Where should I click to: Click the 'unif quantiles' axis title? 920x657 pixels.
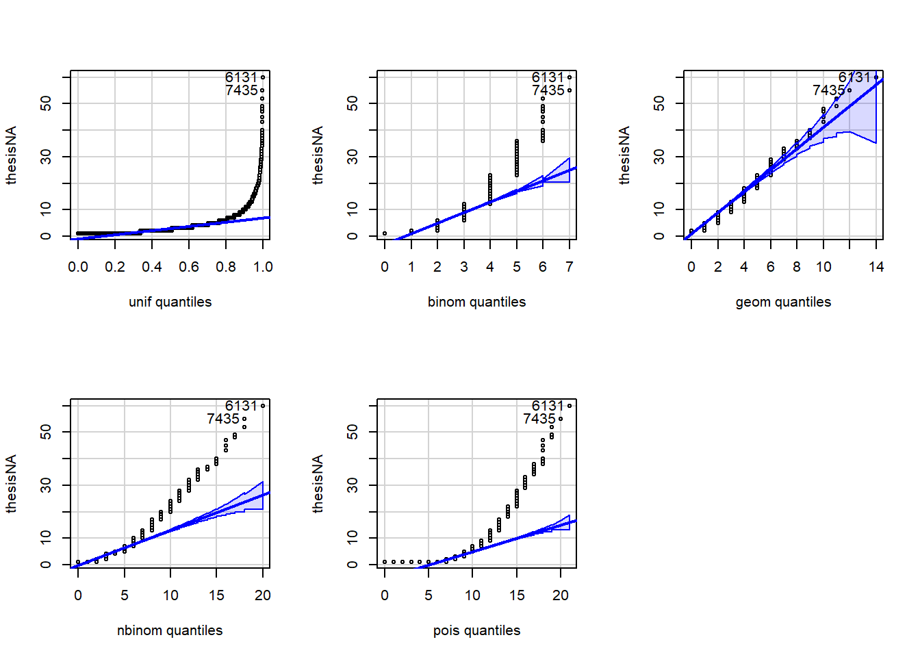pos(170,302)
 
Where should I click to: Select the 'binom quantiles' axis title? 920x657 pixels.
pos(476,302)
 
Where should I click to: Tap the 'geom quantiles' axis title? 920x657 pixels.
pos(783,302)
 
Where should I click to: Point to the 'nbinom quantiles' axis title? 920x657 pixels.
pos(170,630)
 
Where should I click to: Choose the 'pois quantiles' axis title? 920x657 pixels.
pos(476,630)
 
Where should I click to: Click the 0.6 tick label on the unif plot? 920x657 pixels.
pos(189,267)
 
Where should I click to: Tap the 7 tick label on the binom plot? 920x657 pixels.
pos(570,267)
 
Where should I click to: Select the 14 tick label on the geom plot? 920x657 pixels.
pos(876,267)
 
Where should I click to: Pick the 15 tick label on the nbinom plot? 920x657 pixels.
pos(216,595)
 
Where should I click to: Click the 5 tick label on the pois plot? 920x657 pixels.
pos(429,595)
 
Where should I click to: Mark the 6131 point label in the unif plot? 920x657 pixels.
pos(241,77)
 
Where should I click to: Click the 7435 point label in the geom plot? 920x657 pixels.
pos(828,90)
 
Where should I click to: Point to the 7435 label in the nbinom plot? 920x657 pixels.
pos(223,419)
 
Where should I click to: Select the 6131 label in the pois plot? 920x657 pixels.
pos(548,406)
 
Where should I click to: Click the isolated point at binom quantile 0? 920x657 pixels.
pos(385,233)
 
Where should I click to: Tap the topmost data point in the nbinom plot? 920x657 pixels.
pos(263,406)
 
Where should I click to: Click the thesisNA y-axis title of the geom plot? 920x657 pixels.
pos(624,155)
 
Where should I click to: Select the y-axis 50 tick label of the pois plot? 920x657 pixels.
pos(353,432)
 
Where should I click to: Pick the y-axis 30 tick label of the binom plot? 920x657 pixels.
pos(353,157)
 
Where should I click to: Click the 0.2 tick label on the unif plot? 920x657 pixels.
pos(115,267)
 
